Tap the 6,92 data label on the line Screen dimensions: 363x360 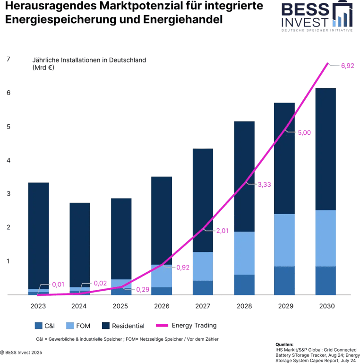(347, 65)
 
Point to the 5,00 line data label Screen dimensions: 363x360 (303, 133)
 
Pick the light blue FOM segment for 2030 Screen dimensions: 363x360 (326, 238)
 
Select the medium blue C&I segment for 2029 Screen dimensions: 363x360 (284, 280)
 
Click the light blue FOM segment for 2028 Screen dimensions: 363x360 (244, 253)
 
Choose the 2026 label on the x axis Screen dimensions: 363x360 (161, 306)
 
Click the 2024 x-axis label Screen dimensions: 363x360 (79, 306)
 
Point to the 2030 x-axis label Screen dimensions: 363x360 (326, 306)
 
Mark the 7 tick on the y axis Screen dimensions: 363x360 (8, 59)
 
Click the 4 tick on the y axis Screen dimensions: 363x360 (8, 160)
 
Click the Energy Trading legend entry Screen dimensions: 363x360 (194, 326)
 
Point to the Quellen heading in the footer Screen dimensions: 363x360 (283, 344)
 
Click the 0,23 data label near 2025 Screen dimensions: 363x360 (141, 289)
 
